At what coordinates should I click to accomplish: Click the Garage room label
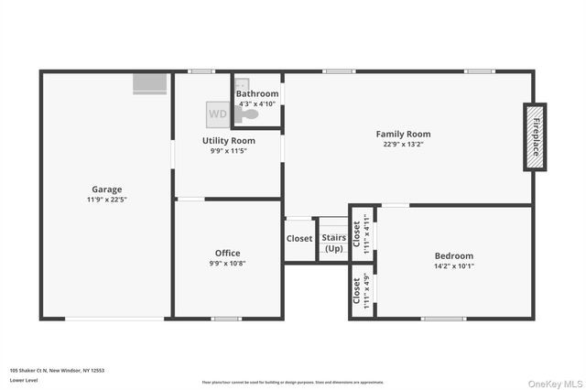pos(106,190)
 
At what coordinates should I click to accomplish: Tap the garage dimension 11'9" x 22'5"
pos(106,200)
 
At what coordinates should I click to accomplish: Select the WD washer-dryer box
pos(218,114)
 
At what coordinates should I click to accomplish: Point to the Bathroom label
pos(257,93)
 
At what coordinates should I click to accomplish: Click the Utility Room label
pos(228,140)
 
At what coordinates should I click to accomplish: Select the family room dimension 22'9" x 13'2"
pos(403,144)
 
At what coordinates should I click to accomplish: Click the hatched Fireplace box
pos(535,136)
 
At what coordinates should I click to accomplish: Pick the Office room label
pos(227,253)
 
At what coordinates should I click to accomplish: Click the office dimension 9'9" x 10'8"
pos(227,263)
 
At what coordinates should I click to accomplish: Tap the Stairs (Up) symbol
pos(333,242)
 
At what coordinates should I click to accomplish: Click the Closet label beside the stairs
pos(299,239)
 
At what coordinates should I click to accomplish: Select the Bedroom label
pos(453,255)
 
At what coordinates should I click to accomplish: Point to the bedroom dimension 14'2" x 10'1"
pos(453,266)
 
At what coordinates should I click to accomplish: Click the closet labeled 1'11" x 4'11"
pos(363,234)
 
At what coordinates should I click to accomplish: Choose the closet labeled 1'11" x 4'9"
pos(363,291)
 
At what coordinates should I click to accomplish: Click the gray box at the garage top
pos(150,84)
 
